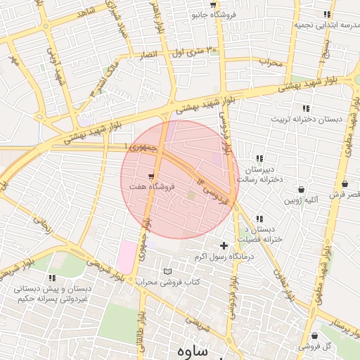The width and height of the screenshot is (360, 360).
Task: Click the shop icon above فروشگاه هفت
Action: coord(151,176)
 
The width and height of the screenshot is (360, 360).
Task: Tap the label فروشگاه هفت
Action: coord(149,187)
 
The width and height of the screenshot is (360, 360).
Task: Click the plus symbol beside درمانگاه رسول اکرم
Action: coord(224,245)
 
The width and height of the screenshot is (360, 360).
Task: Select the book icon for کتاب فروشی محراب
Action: coord(167,271)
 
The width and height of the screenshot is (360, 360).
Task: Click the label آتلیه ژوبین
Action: coord(301,200)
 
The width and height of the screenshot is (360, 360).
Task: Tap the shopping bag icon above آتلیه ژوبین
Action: coord(302,189)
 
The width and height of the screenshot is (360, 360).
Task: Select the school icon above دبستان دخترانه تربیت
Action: coord(305,108)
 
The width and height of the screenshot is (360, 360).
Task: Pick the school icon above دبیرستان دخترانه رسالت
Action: coord(259,159)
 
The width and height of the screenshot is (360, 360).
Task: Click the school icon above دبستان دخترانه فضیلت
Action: coord(259,219)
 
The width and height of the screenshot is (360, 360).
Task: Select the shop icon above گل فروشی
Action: coord(314,336)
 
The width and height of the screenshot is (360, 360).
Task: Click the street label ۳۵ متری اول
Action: coord(193,51)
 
